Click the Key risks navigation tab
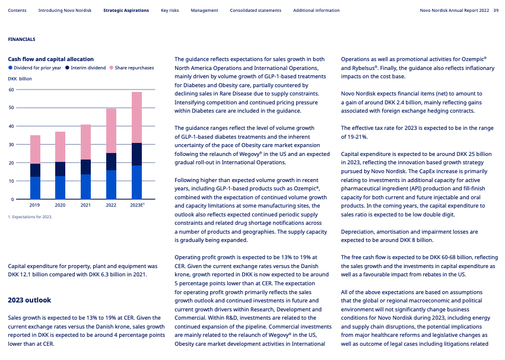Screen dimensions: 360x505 coord(169,11)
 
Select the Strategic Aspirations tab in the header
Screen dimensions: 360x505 coord(126,11)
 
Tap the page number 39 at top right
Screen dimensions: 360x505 coord(496,11)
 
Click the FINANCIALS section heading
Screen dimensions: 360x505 coord(21,39)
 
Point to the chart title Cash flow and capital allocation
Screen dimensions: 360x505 coord(50,59)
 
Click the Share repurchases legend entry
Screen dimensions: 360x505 coord(134,68)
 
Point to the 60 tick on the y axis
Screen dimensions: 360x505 coord(11,90)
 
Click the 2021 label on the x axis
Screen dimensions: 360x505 coord(85,205)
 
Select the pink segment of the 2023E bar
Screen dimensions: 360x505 coord(136,117)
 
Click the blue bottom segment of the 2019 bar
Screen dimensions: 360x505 coord(35,187)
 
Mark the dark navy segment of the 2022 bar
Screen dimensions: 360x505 coord(111,161)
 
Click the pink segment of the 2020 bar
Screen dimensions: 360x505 coord(61,146)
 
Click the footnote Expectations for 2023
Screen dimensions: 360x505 coord(30,217)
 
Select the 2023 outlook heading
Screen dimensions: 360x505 coord(29,300)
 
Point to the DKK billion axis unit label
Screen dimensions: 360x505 coord(20,78)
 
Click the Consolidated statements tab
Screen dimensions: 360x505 coord(255,11)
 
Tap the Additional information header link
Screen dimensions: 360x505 coord(316,11)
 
